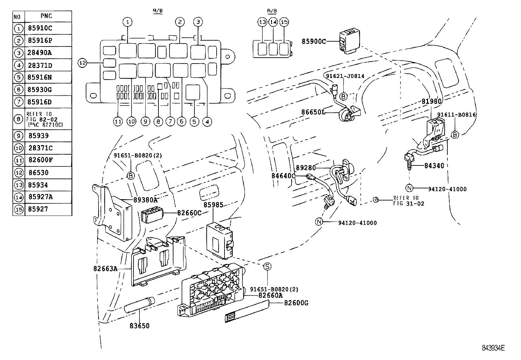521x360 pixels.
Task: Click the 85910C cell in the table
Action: [x=40, y=28]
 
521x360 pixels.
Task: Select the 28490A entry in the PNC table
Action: [x=40, y=53]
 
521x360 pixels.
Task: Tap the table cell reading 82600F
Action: [x=40, y=161]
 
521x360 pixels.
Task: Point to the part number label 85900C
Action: [x=314, y=42]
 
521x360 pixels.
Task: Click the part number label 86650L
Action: [x=313, y=112]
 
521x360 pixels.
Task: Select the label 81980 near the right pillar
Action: [x=431, y=101]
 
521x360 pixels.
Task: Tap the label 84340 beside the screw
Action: [x=434, y=166]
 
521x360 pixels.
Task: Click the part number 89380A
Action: [x=145, y=199]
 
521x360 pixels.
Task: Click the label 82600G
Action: [x=296, y=303]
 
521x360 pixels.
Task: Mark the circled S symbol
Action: [x=267, y=266]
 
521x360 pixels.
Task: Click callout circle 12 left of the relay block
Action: [x=82, y=63]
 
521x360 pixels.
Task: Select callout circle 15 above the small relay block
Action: [x=284, y=22]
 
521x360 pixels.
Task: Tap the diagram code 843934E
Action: [x=493, y=348]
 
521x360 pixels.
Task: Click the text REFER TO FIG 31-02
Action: [x=408, y=200]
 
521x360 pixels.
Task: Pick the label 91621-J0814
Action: [x=345, y=76]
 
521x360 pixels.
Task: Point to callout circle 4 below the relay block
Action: [x=207, y=122]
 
